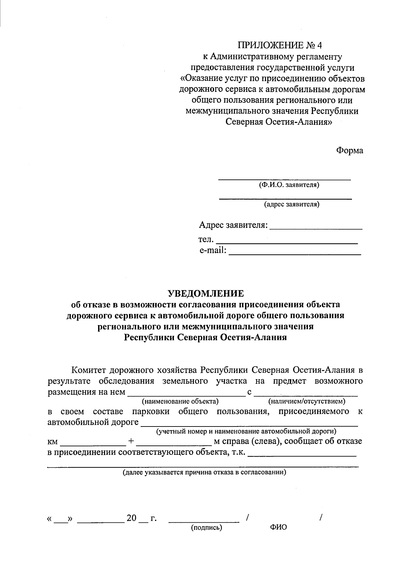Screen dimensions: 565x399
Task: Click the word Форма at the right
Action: point(349,150)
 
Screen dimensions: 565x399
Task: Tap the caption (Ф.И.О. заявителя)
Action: point(289,185)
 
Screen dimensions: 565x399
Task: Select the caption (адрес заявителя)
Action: point(291,204)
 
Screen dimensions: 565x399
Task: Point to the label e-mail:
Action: point(213,250)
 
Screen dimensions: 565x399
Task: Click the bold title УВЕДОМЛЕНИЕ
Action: point(205,293)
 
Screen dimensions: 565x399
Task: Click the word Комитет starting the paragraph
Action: point(89,370)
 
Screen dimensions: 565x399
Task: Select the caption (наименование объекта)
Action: point(180,401)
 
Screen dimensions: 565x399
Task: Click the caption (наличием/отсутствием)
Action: point(307,401)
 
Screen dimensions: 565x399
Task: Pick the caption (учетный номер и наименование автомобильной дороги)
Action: point(246,432)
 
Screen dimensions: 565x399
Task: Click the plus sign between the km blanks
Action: point(131,441)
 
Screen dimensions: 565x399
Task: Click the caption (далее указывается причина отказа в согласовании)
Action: point(204,472)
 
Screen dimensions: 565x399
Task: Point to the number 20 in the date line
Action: point(131,518)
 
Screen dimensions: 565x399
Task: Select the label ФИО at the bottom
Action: point(278,527)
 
